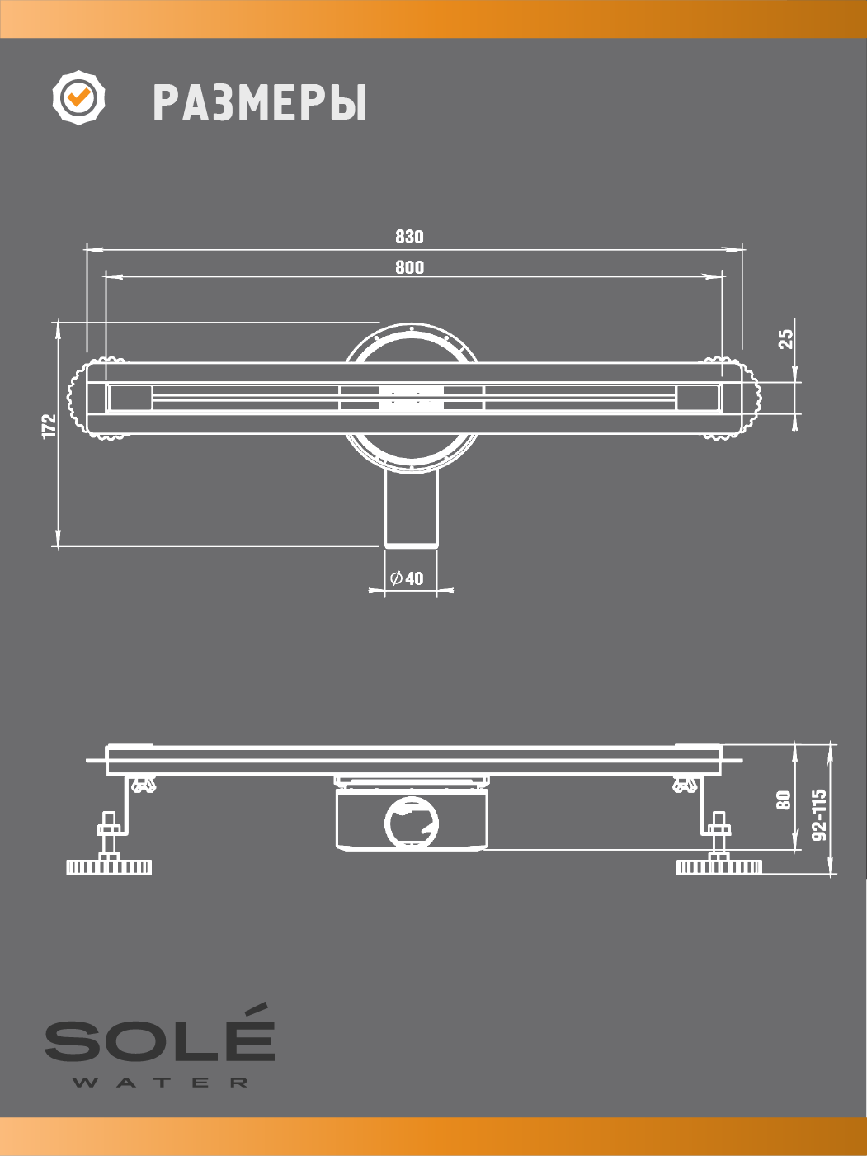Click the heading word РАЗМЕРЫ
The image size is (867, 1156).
(260, 103)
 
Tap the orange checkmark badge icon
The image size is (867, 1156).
(78, 97)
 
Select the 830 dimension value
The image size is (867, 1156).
(409, 237)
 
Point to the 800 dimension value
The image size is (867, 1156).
(409, 267)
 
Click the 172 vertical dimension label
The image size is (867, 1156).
(49, 426)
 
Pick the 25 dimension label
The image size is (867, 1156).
(785, 338)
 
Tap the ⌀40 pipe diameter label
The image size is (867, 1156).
(407, 578)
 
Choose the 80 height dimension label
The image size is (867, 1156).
(784, 800)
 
